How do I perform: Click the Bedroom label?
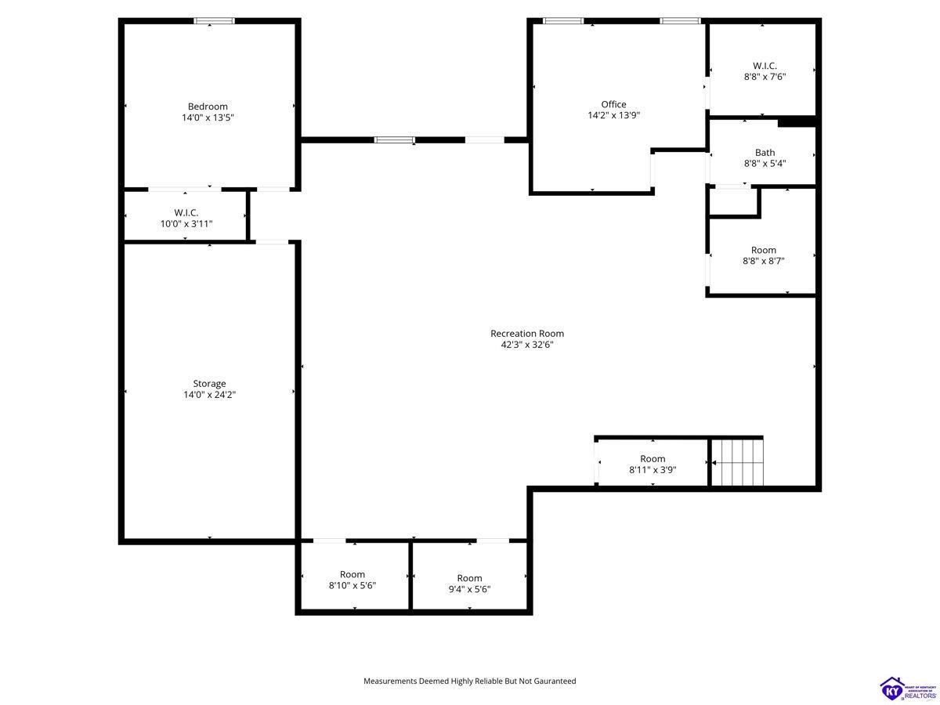pyautogui.click(x=208, y=107)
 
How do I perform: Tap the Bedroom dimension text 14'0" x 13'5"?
pyautogui.click(x=208, y=117)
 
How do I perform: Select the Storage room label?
pyautogui.click(x=209, y=384)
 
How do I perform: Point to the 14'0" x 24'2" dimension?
pyautogui.click(x=209, y=395)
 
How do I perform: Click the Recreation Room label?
pyautogui.click(x=527, y=334)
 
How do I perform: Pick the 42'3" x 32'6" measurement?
pyautogui.click(x=527, y=345)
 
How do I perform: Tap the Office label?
pyautogui.click(x=613, y=104)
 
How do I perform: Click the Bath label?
pyautogui.click(x=765, y=153)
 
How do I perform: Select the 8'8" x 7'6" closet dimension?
pyautogui.click(x=765, y=77)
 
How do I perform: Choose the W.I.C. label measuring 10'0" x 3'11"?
pyautogui.click(x=186, y=212)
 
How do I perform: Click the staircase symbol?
pyautogui.click(x=737, y=463)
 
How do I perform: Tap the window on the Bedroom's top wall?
pyautogui.click(x=214, y=20)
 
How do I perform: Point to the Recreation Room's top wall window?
pyautogui.click(x=395, y=139)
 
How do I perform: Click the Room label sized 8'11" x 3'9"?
pyautogui.click(x=653, y=459)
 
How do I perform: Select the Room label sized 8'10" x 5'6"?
pyautogui.click(x=352, y=574)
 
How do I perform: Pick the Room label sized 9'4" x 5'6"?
pyautogui.click(x=469, y=578)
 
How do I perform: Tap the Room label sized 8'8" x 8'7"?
pyautogui.click(x=764, y=250)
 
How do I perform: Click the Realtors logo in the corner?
pyautogui.click(x=908, y=689)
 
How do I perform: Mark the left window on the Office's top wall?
pyautogui.click(x=563, y=20)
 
